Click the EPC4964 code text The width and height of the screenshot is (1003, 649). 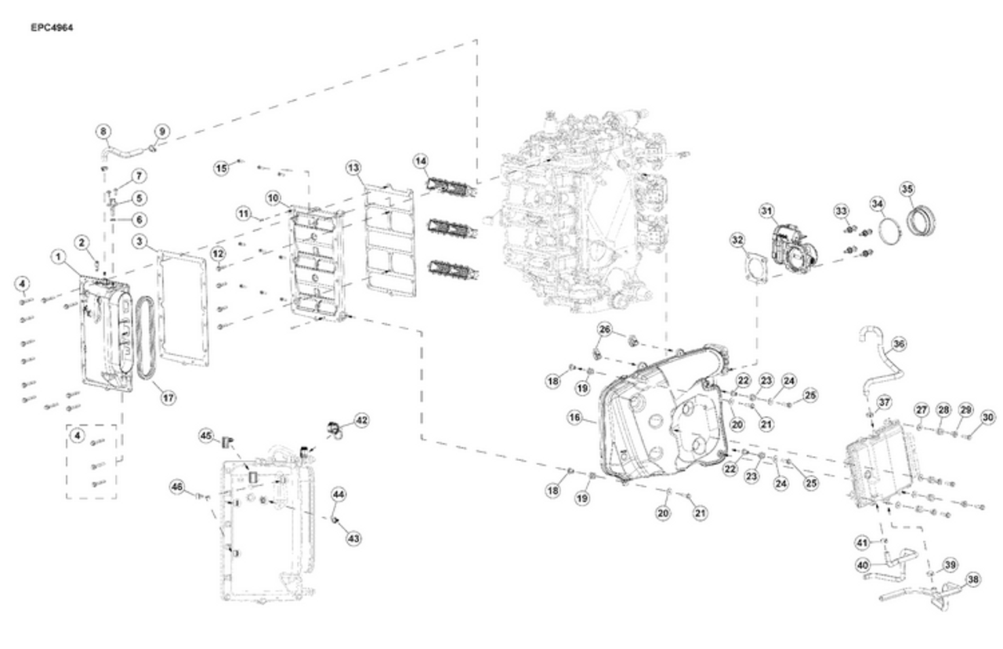(x=53, y=28)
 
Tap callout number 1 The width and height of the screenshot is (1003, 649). (x=58, y=256)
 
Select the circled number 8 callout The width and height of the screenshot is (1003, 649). (x=103, y=131)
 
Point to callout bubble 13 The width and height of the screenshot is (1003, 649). (x=353, y=169)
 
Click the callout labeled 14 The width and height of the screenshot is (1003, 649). (x=422, y=161)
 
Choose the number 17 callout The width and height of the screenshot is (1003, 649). (x=168, y=397)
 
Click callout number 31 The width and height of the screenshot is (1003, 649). (x=766, y=210)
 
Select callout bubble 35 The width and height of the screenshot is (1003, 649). (x=907, y=189)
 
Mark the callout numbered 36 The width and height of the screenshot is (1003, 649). (x=899, y=343)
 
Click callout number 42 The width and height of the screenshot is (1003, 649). (x=361, y=420)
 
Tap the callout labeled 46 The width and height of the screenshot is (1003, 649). (x=178, y=488)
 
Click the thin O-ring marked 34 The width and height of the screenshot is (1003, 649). (x=887, y=233)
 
